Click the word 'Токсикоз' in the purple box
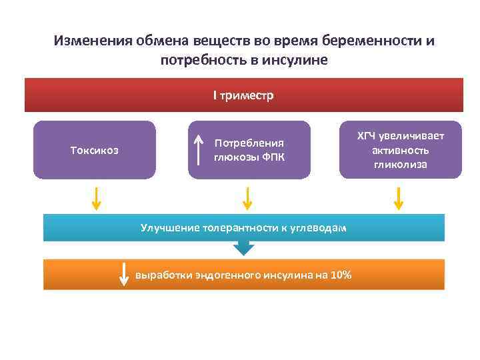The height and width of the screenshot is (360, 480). coord(94,150)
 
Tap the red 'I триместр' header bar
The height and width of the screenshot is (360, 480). coord(243,95)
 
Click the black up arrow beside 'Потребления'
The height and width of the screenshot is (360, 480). coord(199,149)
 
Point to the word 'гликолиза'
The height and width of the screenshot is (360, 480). coord(400,164)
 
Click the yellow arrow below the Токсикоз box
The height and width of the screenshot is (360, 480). coord(96,199)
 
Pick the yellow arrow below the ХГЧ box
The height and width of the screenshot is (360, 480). coord(399,199)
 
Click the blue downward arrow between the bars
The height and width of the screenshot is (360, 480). coord(244,248)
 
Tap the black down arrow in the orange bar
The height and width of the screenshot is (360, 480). coord(124,275)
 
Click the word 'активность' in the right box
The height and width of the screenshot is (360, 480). coord(400,150)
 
